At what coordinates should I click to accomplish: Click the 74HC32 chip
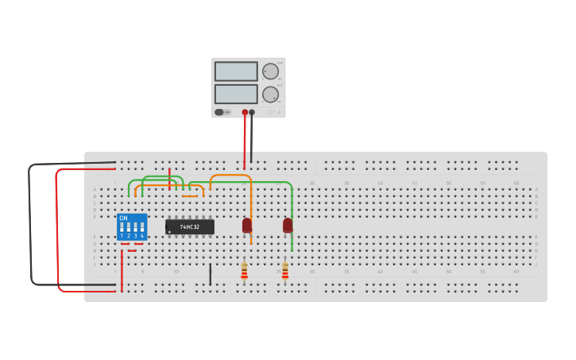pyautogui.click(x=190, y=226)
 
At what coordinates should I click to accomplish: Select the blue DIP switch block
pyautogui.click(x=132, y=226)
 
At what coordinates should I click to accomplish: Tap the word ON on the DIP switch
pyautogui.click(x=123, y=218)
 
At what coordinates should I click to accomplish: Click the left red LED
pyautogui.click(x=247, y=225)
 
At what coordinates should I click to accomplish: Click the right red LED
pyautogui.click(x=288, y=225)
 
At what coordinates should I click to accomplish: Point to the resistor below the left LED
pyautogui.click(x=244, y=271)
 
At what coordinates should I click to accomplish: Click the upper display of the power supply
pyautogui.click(x=236, y=72)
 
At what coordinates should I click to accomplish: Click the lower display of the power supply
pyautogui.click(x=236, y=94)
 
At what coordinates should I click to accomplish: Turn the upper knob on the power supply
pyautogui.click(x=271, y=72)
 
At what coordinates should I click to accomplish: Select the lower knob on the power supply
pyautogui.click(x=271, y=95)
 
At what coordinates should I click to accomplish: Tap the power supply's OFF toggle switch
pyautogui.click(x=220, y=112)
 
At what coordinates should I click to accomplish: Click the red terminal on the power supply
pyautogui.click(x=245, y=112)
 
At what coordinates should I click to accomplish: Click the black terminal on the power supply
pyautogui.click(x=252, y=112)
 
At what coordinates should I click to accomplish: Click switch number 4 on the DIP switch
pyautogui.click(x=142, y=229)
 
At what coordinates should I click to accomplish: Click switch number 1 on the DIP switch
pyautogui.click(x=122, y=229)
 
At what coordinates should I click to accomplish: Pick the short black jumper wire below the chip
pyautogui.click(x=211, y=274)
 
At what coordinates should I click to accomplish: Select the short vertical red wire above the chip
pyautogui.click(x=169, y=172)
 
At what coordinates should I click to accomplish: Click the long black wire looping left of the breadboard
pyautogui.click(x=30, y=223)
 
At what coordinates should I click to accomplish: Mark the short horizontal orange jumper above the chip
pyautogui.click(x=190, y=195)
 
